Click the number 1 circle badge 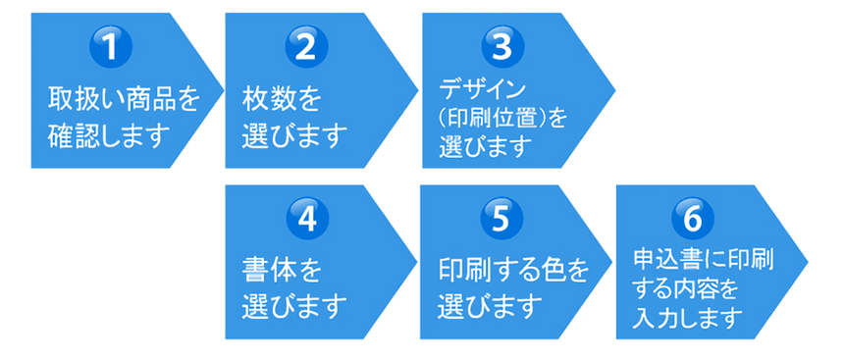pyautogui.click(x=111, y=49)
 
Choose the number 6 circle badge pyautogui.click(x=693, y=218)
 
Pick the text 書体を pyautogui.click(x=282, y=269)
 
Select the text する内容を pyautogui.click(x=684, y=291)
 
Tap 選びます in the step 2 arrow pyautogui.click(x=294, y=134)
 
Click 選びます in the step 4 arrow pyautogui.click(x=294, y=306)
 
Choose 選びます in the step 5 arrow pyautogui.click(x=490, y=306)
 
